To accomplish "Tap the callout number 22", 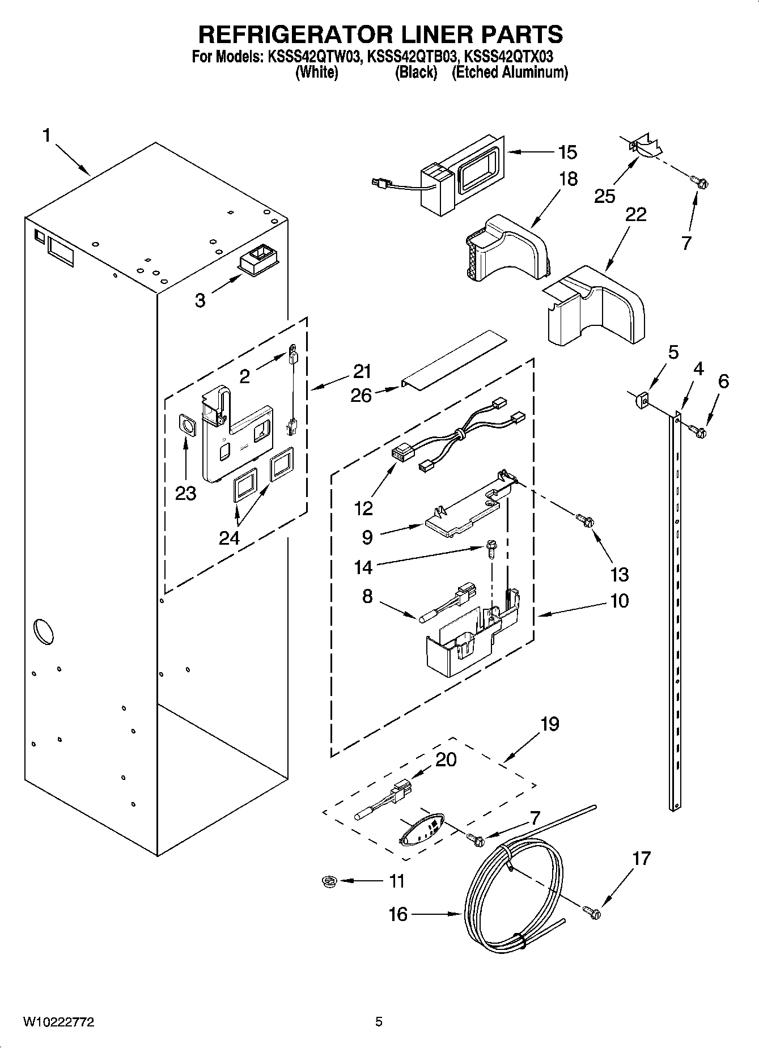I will (636, 214).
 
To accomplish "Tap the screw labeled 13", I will (584, 519).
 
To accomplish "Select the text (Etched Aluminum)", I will (509, 73).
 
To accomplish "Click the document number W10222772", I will (58, 1022).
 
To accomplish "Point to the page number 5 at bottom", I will (379, 1022).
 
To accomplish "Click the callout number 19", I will (549, 724).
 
